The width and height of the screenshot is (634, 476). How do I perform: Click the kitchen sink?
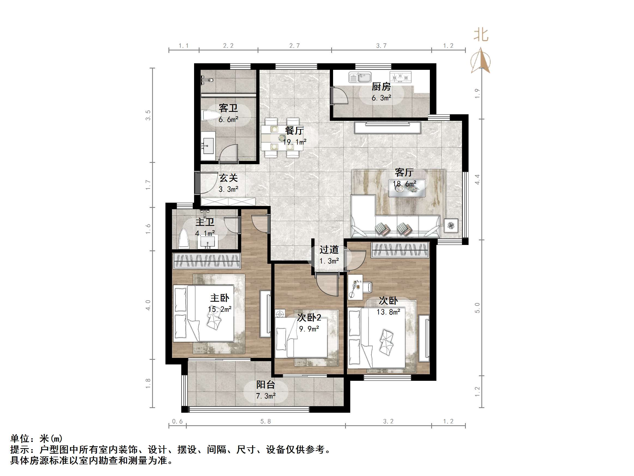tap(360, 77)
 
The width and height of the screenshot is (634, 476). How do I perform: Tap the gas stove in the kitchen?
tap(400, 77)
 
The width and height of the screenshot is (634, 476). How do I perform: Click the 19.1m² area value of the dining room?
tap(295, 142)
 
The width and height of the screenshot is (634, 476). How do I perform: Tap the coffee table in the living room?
tap(407, 188)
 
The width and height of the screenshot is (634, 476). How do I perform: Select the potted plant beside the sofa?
tap(451, 226)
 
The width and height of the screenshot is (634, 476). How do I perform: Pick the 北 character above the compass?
tap(481, 35)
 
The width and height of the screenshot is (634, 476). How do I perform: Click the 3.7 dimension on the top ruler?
tap(381, 46)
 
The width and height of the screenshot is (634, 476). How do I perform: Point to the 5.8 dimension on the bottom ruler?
tap(265, 421)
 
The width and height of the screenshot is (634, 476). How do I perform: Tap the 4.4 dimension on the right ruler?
tap(477, 179)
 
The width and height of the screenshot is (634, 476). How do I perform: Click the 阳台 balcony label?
tap(265, 384)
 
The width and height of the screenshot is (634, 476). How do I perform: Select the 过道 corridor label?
tap(329, 250)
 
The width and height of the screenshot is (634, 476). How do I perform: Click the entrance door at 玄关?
tap(198, 183)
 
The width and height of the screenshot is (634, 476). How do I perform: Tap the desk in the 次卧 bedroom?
tap(355, 287)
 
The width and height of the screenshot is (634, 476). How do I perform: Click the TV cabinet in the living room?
tap(388, 128)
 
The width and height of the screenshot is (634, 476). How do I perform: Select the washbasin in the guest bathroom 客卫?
tap(208, 146)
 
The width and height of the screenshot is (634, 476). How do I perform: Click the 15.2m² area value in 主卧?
tap(219, 309)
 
